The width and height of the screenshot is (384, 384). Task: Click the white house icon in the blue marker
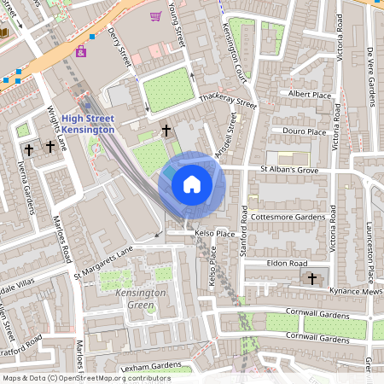[x=191, y=184]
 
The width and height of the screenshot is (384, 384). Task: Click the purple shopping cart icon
[x=155, y=16]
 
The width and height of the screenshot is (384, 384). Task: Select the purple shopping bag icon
[x=81, y=51]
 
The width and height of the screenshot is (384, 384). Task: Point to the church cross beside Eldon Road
[x=312, y=278]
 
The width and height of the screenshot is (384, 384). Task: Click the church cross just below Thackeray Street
[x=166, y=131]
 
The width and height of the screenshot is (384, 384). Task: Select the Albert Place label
[x=308, y=93]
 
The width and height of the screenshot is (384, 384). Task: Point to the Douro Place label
[x=305, y=132]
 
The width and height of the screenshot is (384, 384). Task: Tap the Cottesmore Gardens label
[x=294, y=218]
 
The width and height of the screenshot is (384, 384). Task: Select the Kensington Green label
[x=131, y=299]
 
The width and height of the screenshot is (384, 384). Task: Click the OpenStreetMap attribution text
[x=86, y=377]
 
